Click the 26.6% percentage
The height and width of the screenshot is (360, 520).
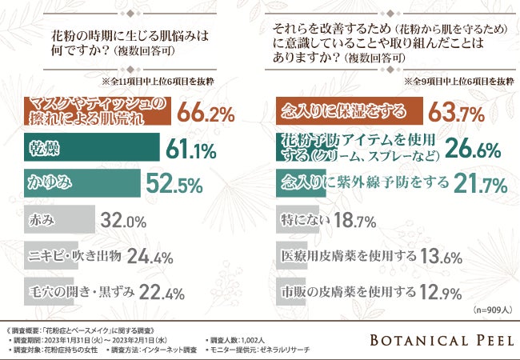pyautogui.click(x=472, y=147)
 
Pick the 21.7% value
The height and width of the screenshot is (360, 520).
pyautogui.click(x=481, y=186)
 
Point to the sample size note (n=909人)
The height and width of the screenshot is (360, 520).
pyautogui.click(x=490, y=308)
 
